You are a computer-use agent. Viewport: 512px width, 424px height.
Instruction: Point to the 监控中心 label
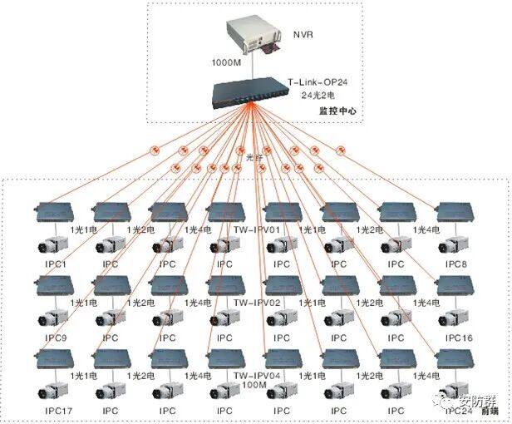point(335,111)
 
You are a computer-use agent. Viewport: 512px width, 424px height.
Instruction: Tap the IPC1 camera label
point(52,264)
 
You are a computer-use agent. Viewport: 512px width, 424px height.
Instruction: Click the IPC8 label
point(457,264)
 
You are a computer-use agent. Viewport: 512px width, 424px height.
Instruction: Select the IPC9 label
point(52,338)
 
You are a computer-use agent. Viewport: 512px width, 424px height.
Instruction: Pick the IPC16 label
point(459,338)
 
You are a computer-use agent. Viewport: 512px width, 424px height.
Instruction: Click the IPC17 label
point(52,410)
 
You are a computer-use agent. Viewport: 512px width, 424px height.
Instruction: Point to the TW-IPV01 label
point(257,229)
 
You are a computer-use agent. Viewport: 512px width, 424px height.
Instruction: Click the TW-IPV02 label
point(257,302)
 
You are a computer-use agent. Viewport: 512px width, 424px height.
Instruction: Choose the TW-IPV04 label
point(257,376)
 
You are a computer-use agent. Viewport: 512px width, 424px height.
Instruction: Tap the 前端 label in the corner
point(495,411)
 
